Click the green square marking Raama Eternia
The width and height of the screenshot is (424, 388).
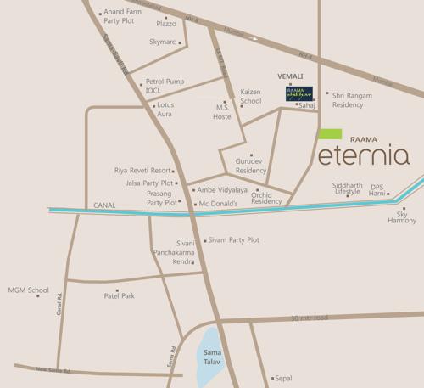(x=330, y=133)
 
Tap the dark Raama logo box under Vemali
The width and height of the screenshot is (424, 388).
(x=298, y=93)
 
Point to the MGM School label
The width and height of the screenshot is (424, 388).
(x=29, y=290)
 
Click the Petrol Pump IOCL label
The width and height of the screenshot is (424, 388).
(x=165, y=86)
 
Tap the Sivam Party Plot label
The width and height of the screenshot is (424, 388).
(x=233, y=240)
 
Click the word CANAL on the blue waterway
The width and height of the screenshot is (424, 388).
(x=105, y=205)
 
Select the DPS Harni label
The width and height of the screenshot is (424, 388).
(x=377, y=189)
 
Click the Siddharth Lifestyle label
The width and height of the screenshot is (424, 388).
(x=347, y=188)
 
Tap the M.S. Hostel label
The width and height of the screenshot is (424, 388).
(x=223, y=111)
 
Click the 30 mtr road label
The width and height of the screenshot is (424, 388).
(x=309, y=318)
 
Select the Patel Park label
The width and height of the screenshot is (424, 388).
(x=120, y=295)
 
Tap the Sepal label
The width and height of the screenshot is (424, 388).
(x=284, y=378)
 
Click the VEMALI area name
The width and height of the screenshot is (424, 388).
(x=290, y=76)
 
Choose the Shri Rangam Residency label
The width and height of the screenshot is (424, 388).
(x=352, y=100)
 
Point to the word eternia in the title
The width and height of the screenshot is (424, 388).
(x=364, y=155)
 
